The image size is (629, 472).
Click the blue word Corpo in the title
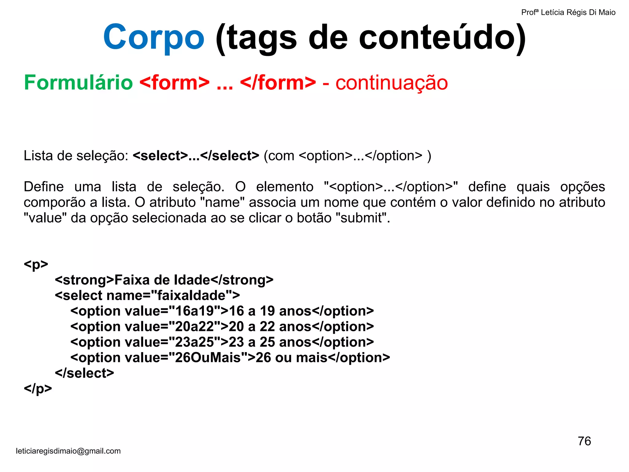click(x=154, y=37)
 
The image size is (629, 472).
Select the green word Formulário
click(x=78, y=83)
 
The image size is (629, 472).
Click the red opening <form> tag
click(x=174, y=83)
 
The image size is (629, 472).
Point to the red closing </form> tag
click(x=278, y=83)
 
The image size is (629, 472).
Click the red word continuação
click(x=392, y=83)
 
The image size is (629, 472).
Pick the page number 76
click(x=584, y=441)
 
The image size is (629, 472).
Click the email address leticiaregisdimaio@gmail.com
click(x=68, y=451)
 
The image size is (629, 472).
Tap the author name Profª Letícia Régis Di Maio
click(x=568, y=12)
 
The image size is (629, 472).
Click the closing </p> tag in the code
click(x=38, y=389)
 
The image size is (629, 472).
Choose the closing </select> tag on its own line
click(x=84, y=373)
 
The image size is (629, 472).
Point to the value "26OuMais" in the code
click(x=208, y=358)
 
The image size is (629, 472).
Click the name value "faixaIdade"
click(x=192, y=295)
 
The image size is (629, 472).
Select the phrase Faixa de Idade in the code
click(x=162, y=280)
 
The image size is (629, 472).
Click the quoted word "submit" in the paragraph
click(x=361, y=218)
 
